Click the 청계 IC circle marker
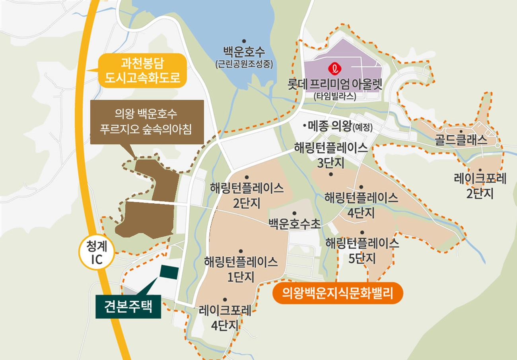pyautogui.click(x=97, y=253)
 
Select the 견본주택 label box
pyautogui.click(x=128, y=306)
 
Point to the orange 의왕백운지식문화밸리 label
pyautogui.click(x=337, y=294)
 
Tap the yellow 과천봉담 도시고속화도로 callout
pyautogui.click(x=142, y=70)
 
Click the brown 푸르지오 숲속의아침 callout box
pyautogui.click(x=147, y=122)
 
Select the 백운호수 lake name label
pyautogui.click(x=244, y=52)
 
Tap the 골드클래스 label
pyautogui.click(x=461, y=140)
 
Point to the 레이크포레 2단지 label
pyautogui.click(x=480, y=185)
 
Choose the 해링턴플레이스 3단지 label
pyautogui.click(x=330, y=155)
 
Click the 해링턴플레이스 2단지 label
pyautogui.click(x=247, y=195)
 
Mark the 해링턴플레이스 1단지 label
pyautogui.click(x=241, y=269)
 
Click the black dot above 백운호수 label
pyautogui.click(x=244, y=41)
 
